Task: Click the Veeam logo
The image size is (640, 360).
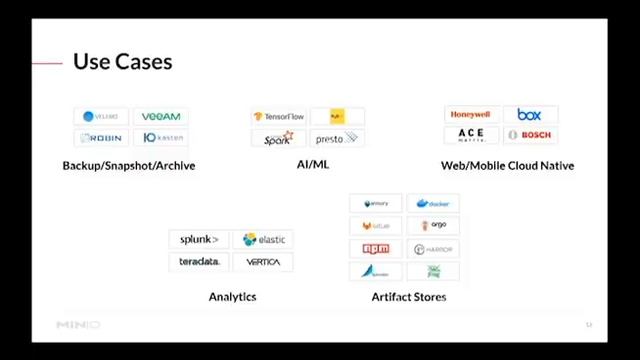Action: pyautogui.click(x=161, y=116)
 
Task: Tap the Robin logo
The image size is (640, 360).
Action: pyautogui.click(x=101, y=138)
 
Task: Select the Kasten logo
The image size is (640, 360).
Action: pyautogui.click(x=162, y=138)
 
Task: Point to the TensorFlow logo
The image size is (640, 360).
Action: pyautogui.click(x=279, y=117)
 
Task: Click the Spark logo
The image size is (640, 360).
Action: pyautogui.click(x=278, y=139)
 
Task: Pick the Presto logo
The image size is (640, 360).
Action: pyautogui.click(x=336, y=139)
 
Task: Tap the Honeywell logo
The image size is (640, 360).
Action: pyautogui.click(x=470, y=115)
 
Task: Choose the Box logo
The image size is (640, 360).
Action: pyautogui.click(x=529, y=115)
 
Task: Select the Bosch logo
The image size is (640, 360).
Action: pyautogui.click(x=530, y=135)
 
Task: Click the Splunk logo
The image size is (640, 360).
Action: pyautogui.click(x=199, y=240)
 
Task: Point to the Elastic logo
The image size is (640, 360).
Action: pyautogui.click(x=264, y=240)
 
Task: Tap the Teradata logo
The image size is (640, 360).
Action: pyautogui.click(x=199, y=262)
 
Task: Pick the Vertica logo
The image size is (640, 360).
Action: pyautogui.click(x=263, y=262)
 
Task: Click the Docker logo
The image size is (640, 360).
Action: pyautogui.click(x=433, y=204)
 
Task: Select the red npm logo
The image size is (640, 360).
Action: pyautogui.click(x=376, y=249)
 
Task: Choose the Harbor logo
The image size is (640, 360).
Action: pyautogui.click(x=433, y=249)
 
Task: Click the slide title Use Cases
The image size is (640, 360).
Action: pyautogui.click(x=122, y=62)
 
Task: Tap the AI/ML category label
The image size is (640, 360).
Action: pyautogui.click(x=312, y=165)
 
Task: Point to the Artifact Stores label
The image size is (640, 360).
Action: pyautogui.click(x=408, y=297)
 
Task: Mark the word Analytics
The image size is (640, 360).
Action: pyautogui.click(x=232, y=297)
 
